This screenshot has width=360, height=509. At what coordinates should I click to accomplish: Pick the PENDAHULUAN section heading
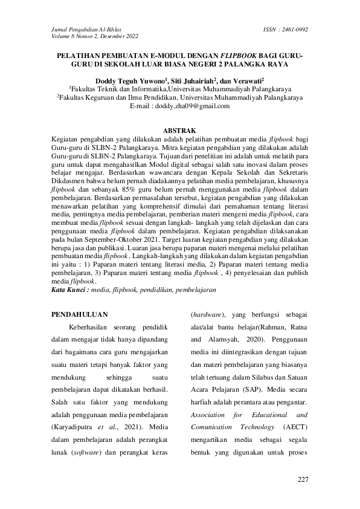80,314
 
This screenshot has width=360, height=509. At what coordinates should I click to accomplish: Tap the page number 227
303,479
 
